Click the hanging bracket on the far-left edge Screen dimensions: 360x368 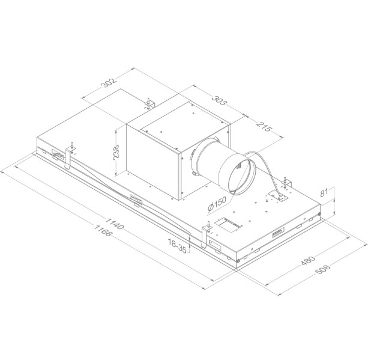click(71, 156)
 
